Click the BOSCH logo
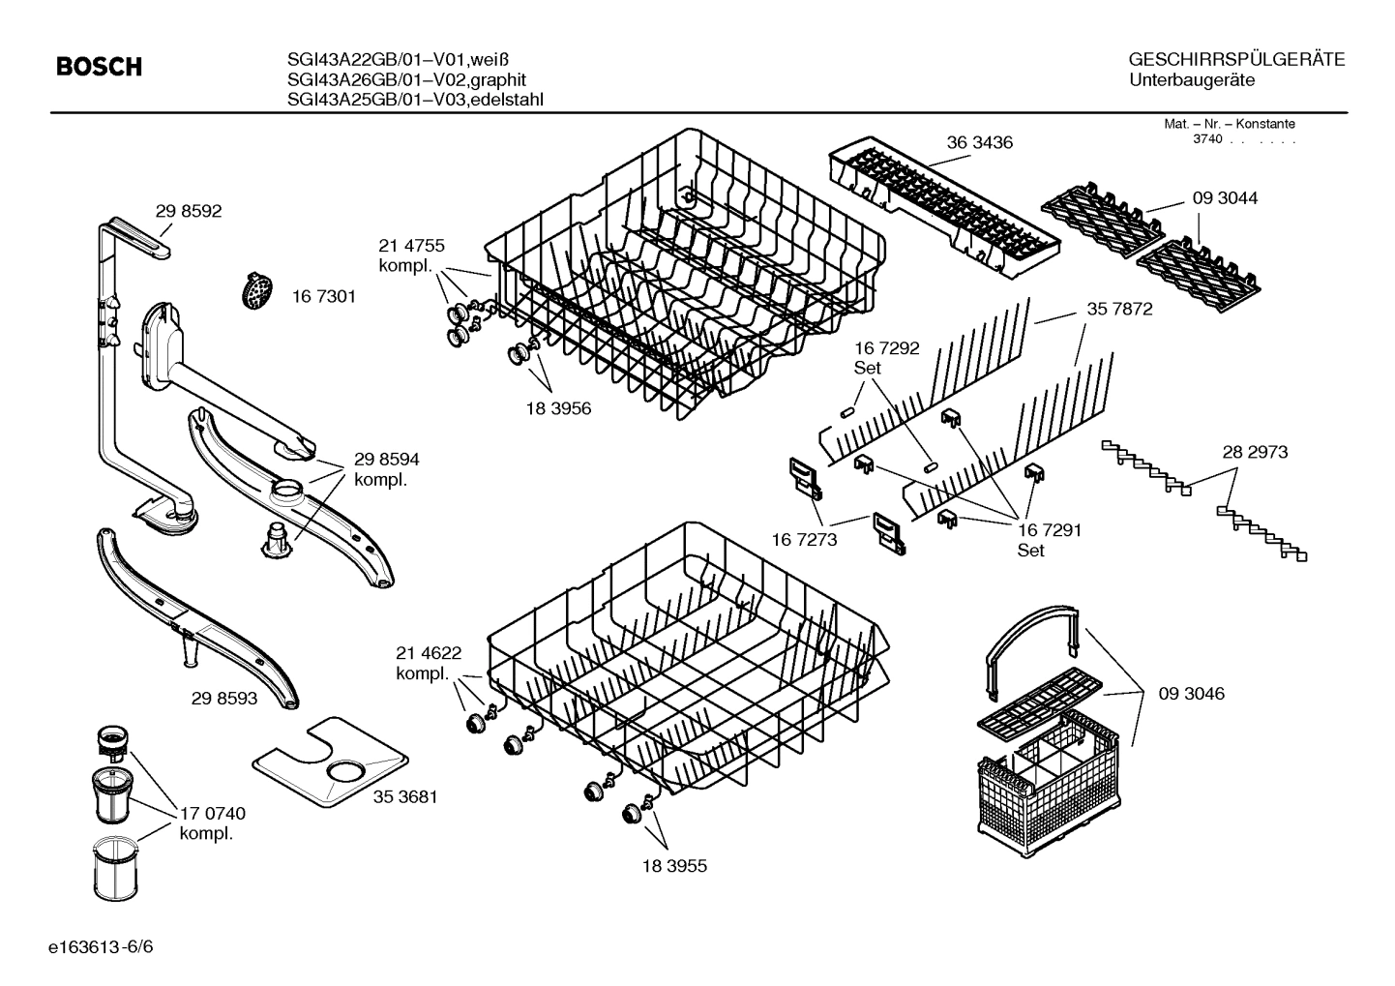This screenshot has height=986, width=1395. tap(99, 67)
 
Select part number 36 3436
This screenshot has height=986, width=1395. tap(979, 142)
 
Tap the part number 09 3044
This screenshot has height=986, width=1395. tap(1225, 197)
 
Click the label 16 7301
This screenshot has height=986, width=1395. tap(323, 296)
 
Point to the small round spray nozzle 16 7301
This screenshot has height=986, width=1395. tap(256, 291)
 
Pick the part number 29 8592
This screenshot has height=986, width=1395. tap(189, 211)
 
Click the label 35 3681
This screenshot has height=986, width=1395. tap(405, 796)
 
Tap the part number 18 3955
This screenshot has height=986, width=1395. tap(673, 866)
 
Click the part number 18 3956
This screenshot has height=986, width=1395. tap(558, 408)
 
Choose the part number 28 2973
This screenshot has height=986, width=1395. tap(1255, 451)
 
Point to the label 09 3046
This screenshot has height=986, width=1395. tap(1192, 693)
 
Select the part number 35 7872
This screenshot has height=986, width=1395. tap(1119, 310)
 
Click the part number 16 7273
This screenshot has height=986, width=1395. tap(804, 539)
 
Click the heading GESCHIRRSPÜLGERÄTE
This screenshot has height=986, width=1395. tap(1236, 60)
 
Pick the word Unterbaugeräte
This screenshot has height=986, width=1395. tap(1192, 80)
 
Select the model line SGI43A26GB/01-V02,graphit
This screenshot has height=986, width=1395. tap(406, 80)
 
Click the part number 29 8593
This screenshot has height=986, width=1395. tap(224, 697)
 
